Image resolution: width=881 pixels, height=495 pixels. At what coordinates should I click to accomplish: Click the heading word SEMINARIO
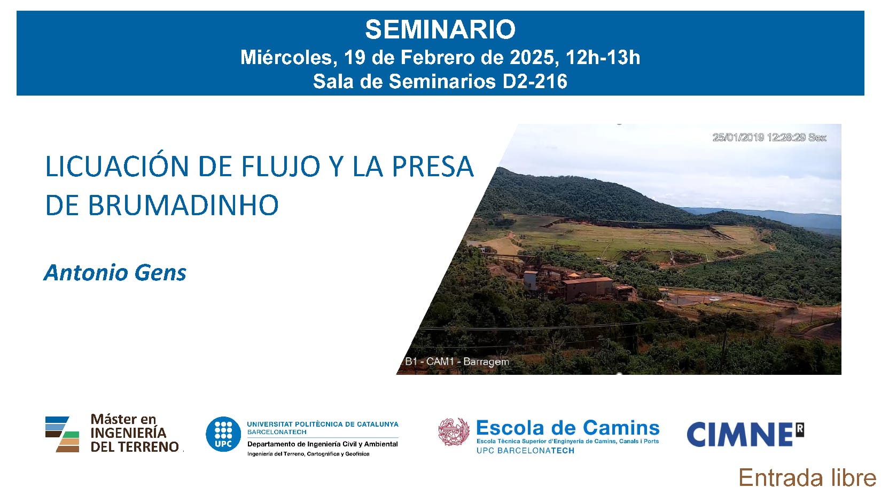pyautogui.click(x=440, y=29)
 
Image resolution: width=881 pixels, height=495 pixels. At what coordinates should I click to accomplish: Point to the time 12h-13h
pyautogui.click(x=603, y=57)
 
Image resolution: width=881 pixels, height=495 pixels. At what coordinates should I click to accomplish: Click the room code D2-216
pyautogui.click(x=535, y=81)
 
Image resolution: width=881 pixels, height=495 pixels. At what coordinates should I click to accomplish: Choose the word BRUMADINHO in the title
pyautogui.click(x=162, y=205)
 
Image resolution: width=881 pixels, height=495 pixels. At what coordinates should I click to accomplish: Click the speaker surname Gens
pyautogui.click(x=160, y=273)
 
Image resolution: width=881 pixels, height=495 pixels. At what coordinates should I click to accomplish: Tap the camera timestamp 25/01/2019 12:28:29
pyautogui.click(x=759, y=137)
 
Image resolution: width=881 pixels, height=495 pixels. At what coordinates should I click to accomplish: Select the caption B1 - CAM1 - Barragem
pyautogui.click(x=457, y=362)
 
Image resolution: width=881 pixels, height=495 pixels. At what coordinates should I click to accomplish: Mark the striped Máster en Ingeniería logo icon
pyautogui.click(x=63, y=434)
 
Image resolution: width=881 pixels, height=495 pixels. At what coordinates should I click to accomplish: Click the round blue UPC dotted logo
pyautogui.click(x=223, y=434)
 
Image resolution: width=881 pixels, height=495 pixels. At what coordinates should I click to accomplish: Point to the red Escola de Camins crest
pyautogui.click(x=454, y=431)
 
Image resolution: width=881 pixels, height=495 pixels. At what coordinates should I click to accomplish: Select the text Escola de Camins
pyautogui.click(x=568, y=428)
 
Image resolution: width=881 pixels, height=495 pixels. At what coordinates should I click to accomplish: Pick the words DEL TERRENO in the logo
pyautogui.click(x=135, y=446)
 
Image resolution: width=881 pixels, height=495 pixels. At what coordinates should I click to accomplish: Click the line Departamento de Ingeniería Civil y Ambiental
pyautogui.click(x=323, y=444)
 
